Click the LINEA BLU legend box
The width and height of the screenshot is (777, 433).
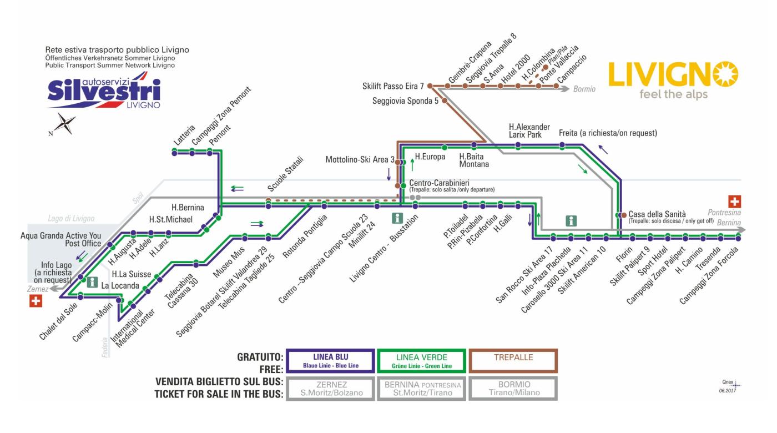(330, 361)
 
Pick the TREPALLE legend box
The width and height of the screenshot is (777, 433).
(513, 361)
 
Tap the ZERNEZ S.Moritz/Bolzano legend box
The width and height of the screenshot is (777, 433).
(331, 388)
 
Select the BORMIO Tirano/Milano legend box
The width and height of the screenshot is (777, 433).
(513, 388)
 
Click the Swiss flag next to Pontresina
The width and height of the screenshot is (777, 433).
(734, 202)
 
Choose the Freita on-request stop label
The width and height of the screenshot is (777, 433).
(607, 133)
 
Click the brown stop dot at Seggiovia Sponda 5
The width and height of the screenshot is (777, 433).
(444, 101)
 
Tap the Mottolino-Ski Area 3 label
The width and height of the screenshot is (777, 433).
(360, 160)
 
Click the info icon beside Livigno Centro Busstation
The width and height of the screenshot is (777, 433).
(397, 218)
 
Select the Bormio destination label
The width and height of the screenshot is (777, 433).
(584, 89)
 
